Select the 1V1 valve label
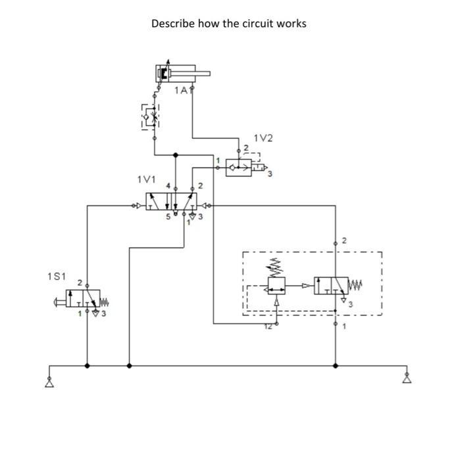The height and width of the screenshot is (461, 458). pyautogui.click(x=146, y=179)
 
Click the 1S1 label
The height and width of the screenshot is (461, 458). pyautogui.click(x=57, y=276)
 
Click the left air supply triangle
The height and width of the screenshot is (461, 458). pyautogui.click(x=49, y=383)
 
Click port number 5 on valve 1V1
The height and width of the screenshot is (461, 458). pyautogui.click(x=167, y=217)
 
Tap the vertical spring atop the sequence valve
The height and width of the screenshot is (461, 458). pyautogui.click(x=276, y=267)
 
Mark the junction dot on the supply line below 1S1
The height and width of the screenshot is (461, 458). pyautogui.click(x=87, y=365)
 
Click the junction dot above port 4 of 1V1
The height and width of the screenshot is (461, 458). pyautogui.click(x=175, y=155)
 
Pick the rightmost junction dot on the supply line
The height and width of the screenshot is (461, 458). pyautogui.click(x=336, y=365)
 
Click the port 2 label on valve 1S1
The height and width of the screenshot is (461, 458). pyautogui.click(x=80, y=283)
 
